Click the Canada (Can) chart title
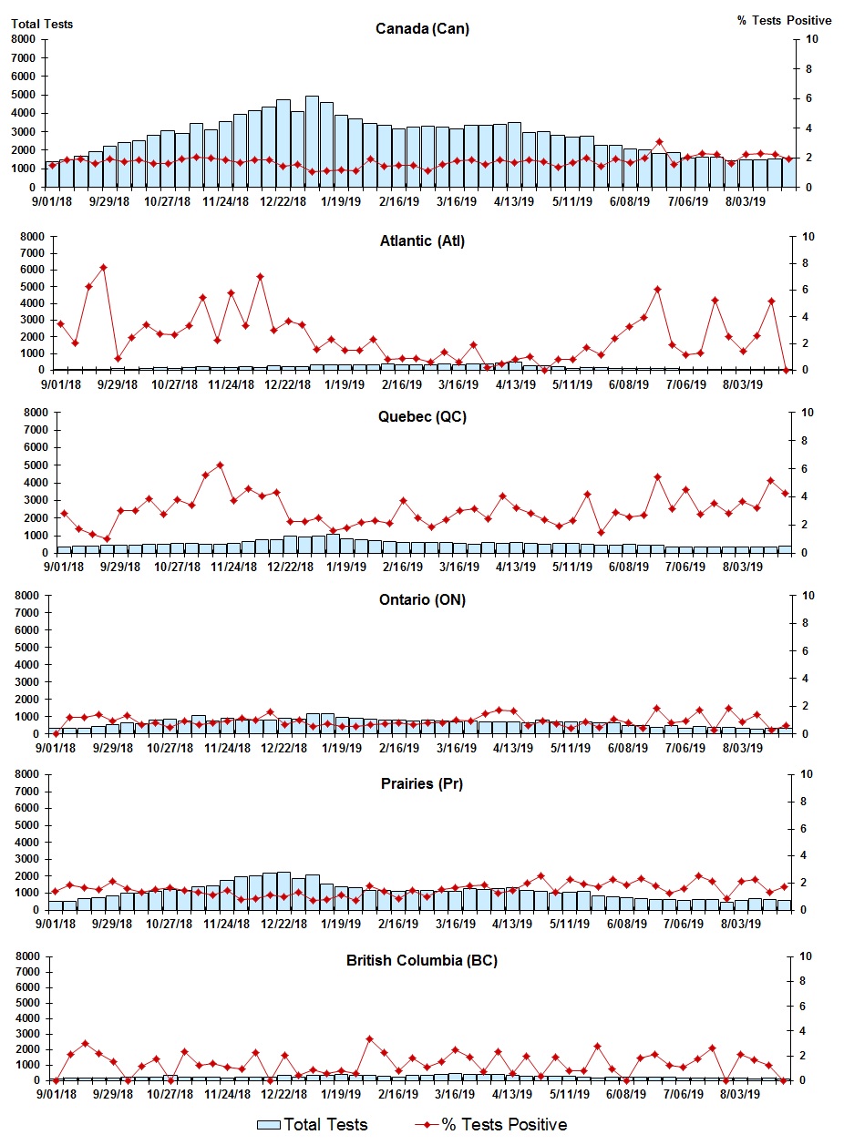422,29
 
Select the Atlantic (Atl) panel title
422,241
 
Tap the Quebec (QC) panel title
422,417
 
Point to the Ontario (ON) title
422,600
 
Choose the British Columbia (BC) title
422,960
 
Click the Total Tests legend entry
314,1124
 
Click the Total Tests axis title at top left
42,24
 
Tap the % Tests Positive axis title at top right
784,20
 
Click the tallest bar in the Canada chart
312,141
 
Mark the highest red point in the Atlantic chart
103,268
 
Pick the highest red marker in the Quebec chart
220,465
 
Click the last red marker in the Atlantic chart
786,370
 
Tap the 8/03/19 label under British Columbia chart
744,1095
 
